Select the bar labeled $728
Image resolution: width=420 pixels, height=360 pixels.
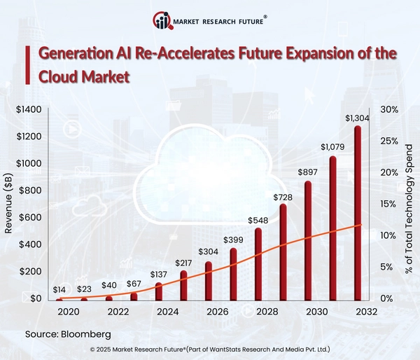click(283, 252)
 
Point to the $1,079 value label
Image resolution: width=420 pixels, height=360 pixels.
click(333, 147)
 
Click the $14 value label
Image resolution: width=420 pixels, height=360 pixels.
click(59, 289)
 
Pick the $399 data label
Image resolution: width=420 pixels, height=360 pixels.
click(233, 240)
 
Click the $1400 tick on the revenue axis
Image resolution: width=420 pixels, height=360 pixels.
click(28, 110)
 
